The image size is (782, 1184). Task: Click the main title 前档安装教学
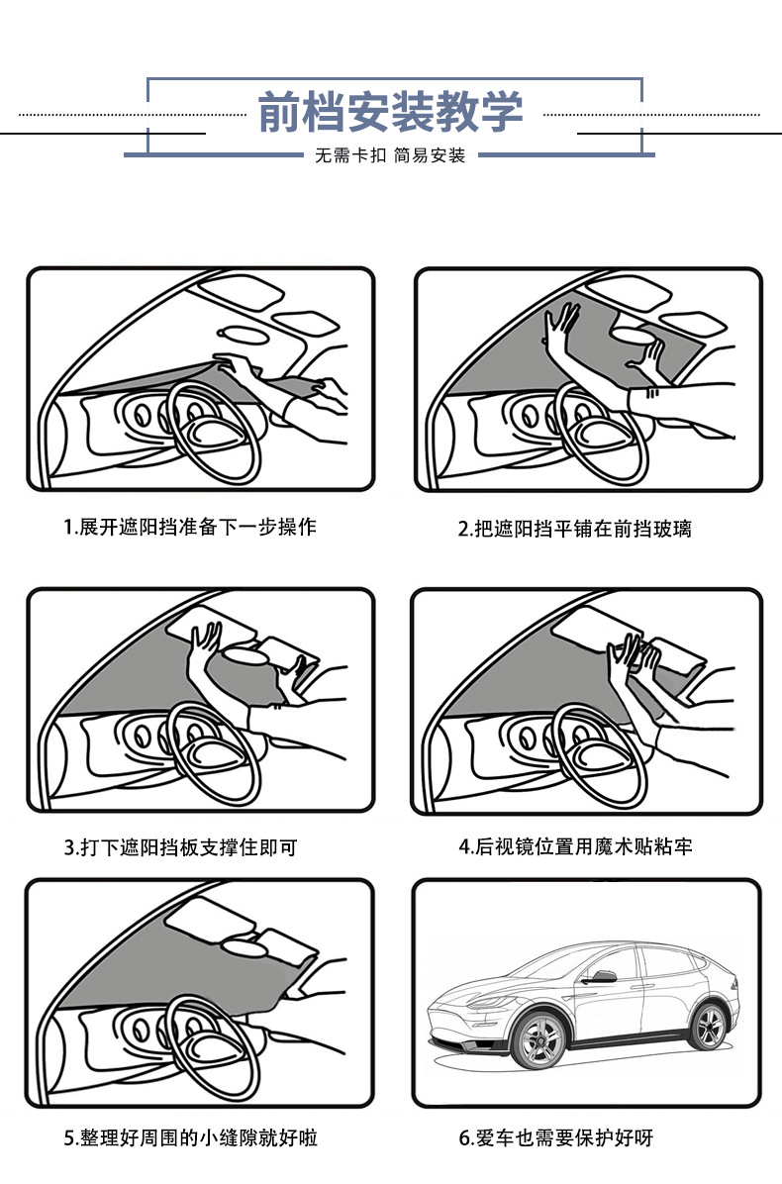pos(390,113)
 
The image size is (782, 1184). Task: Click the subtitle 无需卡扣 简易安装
pos(390,155)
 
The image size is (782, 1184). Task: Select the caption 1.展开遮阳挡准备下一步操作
pos(190,527)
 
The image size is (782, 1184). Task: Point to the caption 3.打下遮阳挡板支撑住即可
pos(180,847)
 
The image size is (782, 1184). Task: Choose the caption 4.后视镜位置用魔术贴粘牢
pos(574,846)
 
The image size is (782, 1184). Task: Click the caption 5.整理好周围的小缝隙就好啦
pos(191,1137)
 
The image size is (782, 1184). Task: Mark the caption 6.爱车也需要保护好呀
pos(555,1137)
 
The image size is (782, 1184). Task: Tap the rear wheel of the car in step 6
pos(709,1026)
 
